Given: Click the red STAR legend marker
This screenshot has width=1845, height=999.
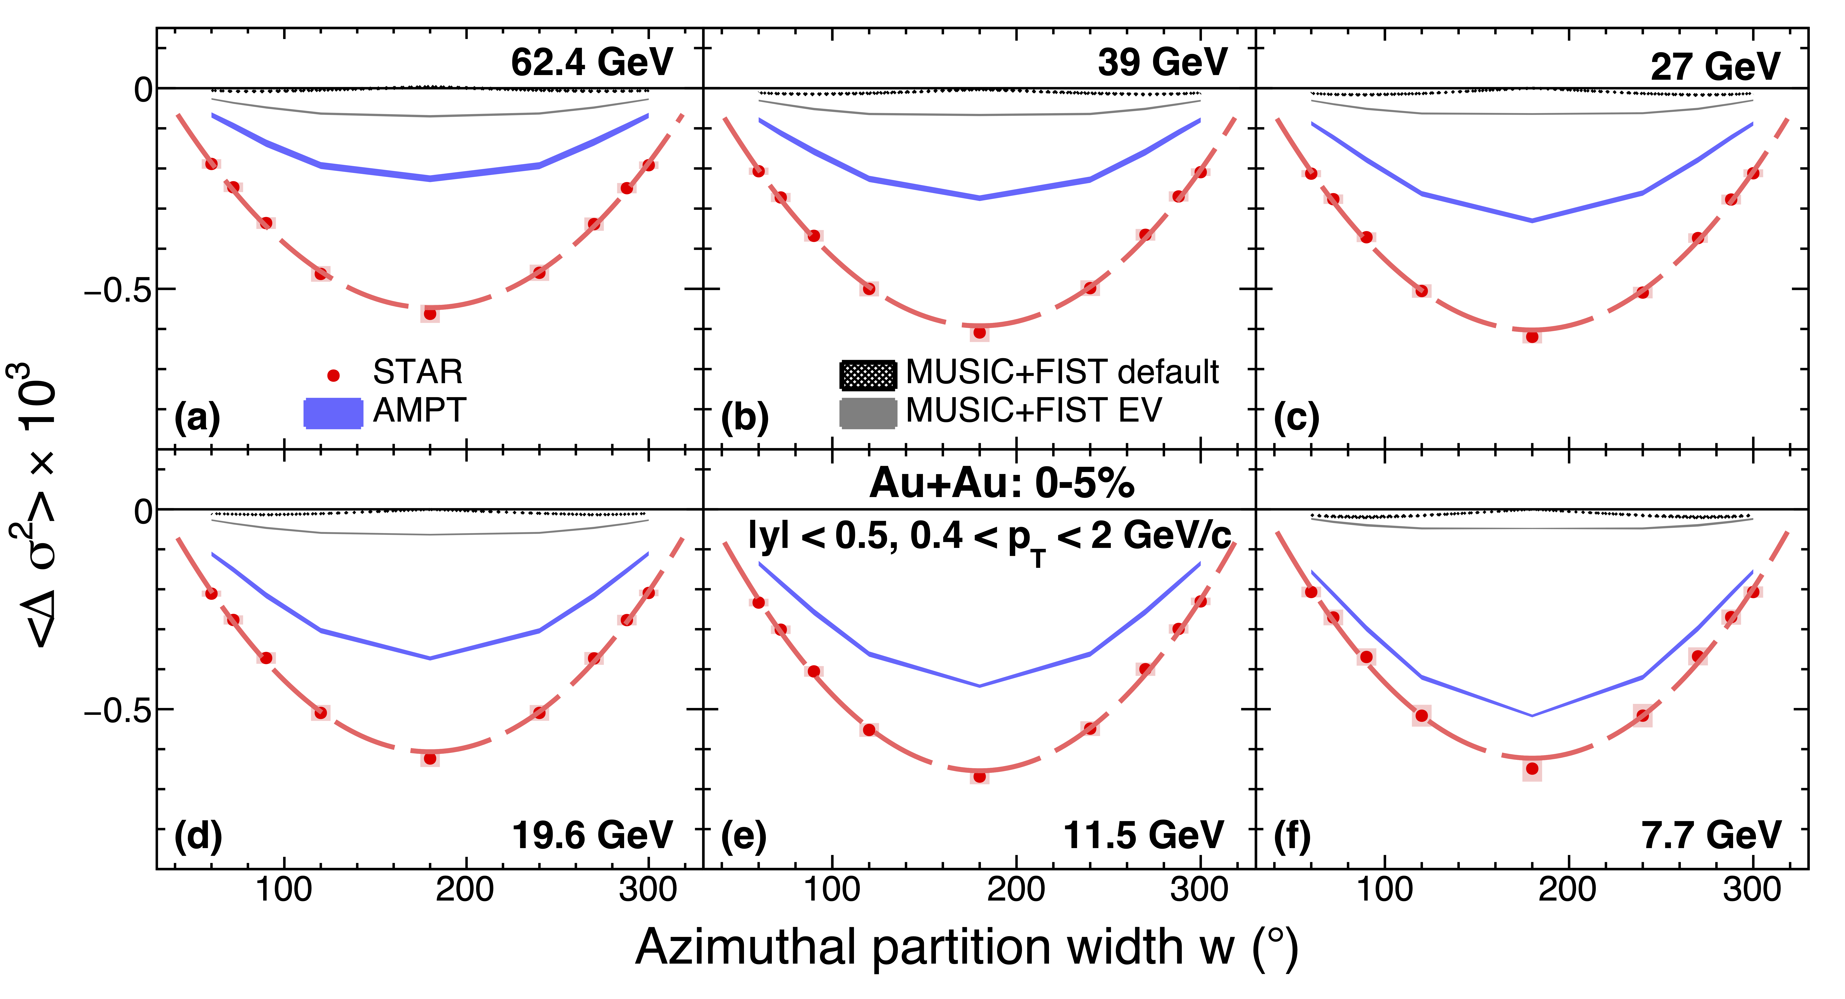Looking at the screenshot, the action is click(x=333, y=375).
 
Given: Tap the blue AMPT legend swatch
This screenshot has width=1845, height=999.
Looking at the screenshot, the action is click(x=333, y=413).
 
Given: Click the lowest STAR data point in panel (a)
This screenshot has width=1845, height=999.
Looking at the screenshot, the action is click(x=430, y=314).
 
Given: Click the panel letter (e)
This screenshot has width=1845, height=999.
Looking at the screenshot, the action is click(x=744, y=836).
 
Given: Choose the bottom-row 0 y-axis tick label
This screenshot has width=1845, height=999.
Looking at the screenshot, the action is click(x=143, y=511).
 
